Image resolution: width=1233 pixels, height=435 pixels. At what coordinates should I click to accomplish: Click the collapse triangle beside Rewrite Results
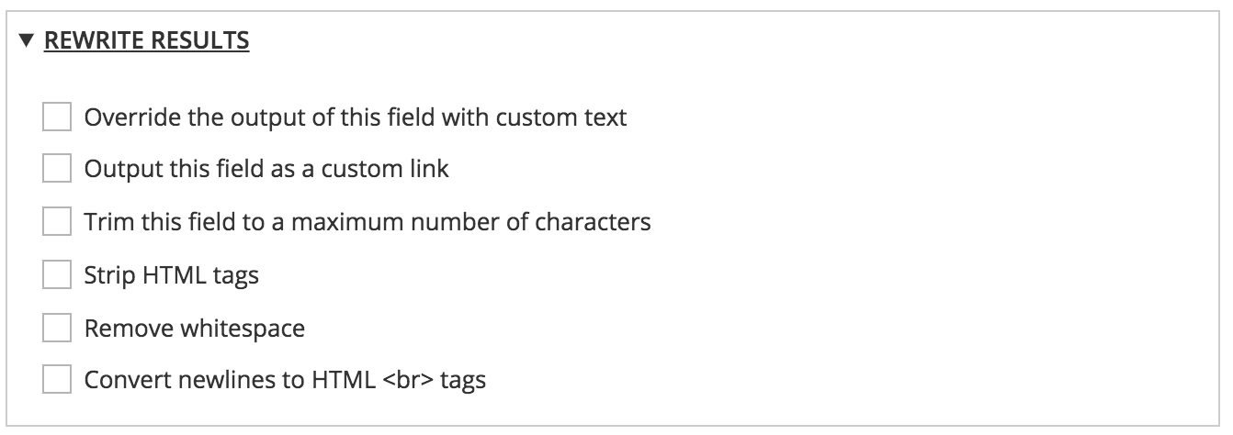click(26, 40)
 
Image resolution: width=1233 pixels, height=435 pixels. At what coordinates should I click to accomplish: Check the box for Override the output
click(57, 117)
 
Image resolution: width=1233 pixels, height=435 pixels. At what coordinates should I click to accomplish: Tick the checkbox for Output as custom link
click(57, 170)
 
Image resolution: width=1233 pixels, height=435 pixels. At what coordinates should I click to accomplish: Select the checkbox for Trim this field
click(57, 222)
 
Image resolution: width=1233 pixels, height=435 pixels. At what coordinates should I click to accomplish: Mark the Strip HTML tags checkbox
click(57, 274)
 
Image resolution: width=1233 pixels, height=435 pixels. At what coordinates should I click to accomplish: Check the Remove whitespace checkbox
click(57, 327)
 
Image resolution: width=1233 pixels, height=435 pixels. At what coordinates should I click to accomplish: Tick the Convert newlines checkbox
click(57, 379)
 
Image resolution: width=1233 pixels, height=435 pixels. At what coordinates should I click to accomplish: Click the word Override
click(125, 117)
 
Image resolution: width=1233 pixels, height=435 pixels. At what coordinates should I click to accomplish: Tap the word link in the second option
click(430, 170)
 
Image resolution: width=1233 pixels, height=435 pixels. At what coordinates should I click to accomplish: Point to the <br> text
click(404, 379)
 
